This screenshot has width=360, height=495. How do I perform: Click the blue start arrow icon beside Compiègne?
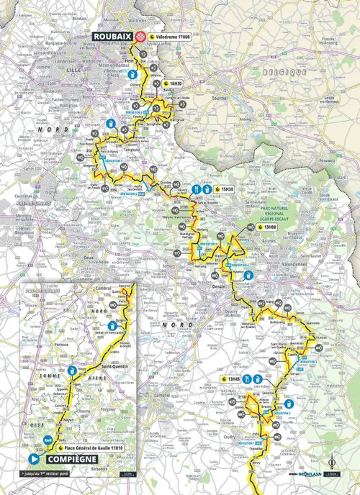33,457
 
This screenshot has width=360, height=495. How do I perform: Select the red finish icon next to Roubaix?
141,35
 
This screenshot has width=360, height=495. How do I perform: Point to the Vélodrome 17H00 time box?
172,35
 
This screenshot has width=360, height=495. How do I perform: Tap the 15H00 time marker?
269,227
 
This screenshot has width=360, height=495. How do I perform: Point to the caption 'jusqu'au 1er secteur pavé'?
51,475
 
